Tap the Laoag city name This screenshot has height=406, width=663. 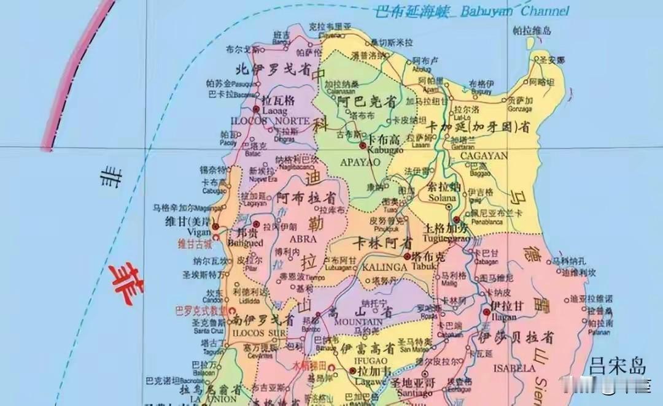point(271,110)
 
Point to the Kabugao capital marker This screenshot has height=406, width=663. point(363,145)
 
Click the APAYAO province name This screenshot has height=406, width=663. point(360,162)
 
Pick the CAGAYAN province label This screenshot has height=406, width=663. point(484,156)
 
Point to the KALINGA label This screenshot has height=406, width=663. point(385,267)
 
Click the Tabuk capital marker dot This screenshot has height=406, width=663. point(408,257)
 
